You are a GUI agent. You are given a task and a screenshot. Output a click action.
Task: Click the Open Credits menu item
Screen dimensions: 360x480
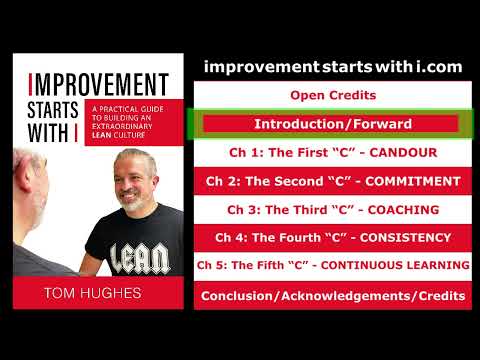click(x=333, y=95)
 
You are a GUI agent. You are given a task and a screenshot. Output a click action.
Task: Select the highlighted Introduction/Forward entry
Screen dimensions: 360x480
click(x=333, y=124)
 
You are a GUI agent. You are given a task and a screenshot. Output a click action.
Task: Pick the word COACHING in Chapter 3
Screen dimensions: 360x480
click(x=404, y=210)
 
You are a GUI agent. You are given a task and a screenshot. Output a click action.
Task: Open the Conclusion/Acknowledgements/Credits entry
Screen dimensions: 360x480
click(x=333, y=295)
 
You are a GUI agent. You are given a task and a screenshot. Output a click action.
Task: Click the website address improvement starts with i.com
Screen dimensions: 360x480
click(x=333, y=66)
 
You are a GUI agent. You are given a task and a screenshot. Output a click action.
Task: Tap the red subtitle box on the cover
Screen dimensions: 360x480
click(x=124, y=122)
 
